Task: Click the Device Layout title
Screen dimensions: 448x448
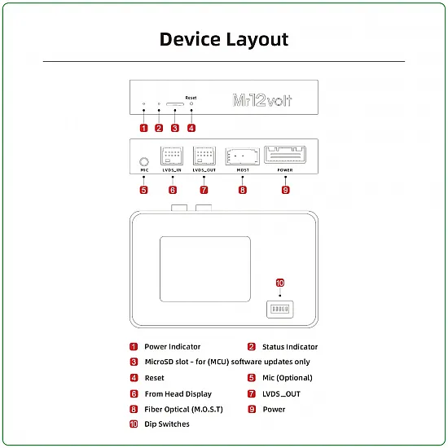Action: click(x=224, y=39)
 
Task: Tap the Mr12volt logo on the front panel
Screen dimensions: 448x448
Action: click(x=262, y=101)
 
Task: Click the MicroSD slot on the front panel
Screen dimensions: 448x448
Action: click(x=174, y=105)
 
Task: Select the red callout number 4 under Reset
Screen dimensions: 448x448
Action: click(x=191, y=128)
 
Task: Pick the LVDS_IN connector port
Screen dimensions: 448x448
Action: click(x=173, y=157)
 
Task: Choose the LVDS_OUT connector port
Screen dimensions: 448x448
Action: click(x=204, y=157)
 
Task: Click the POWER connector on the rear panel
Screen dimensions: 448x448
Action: click(x=285, y=156)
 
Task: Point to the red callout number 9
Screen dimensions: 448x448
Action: click(x=285, y=190)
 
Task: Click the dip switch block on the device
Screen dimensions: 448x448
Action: click(x=279, y=310)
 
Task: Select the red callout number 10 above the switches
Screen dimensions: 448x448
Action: click(x=279, y=283)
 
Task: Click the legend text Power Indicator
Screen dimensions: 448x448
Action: click(x=172, y=347)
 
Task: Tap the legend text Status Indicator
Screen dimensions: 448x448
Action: click(x=290, y=347)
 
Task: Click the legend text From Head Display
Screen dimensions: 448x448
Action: click(x=178, y=393)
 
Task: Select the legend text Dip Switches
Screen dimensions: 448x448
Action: click(x=167, y=424)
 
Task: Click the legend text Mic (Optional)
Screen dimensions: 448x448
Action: click(x=288, y=378)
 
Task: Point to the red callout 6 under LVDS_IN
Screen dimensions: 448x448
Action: click(x=173, y=190)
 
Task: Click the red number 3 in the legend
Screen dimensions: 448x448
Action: click(x=134, y=362)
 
